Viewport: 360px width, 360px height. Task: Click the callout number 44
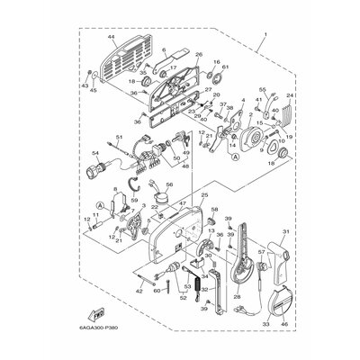112,38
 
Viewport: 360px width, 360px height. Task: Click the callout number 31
310,236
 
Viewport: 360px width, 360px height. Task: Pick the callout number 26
198,54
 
